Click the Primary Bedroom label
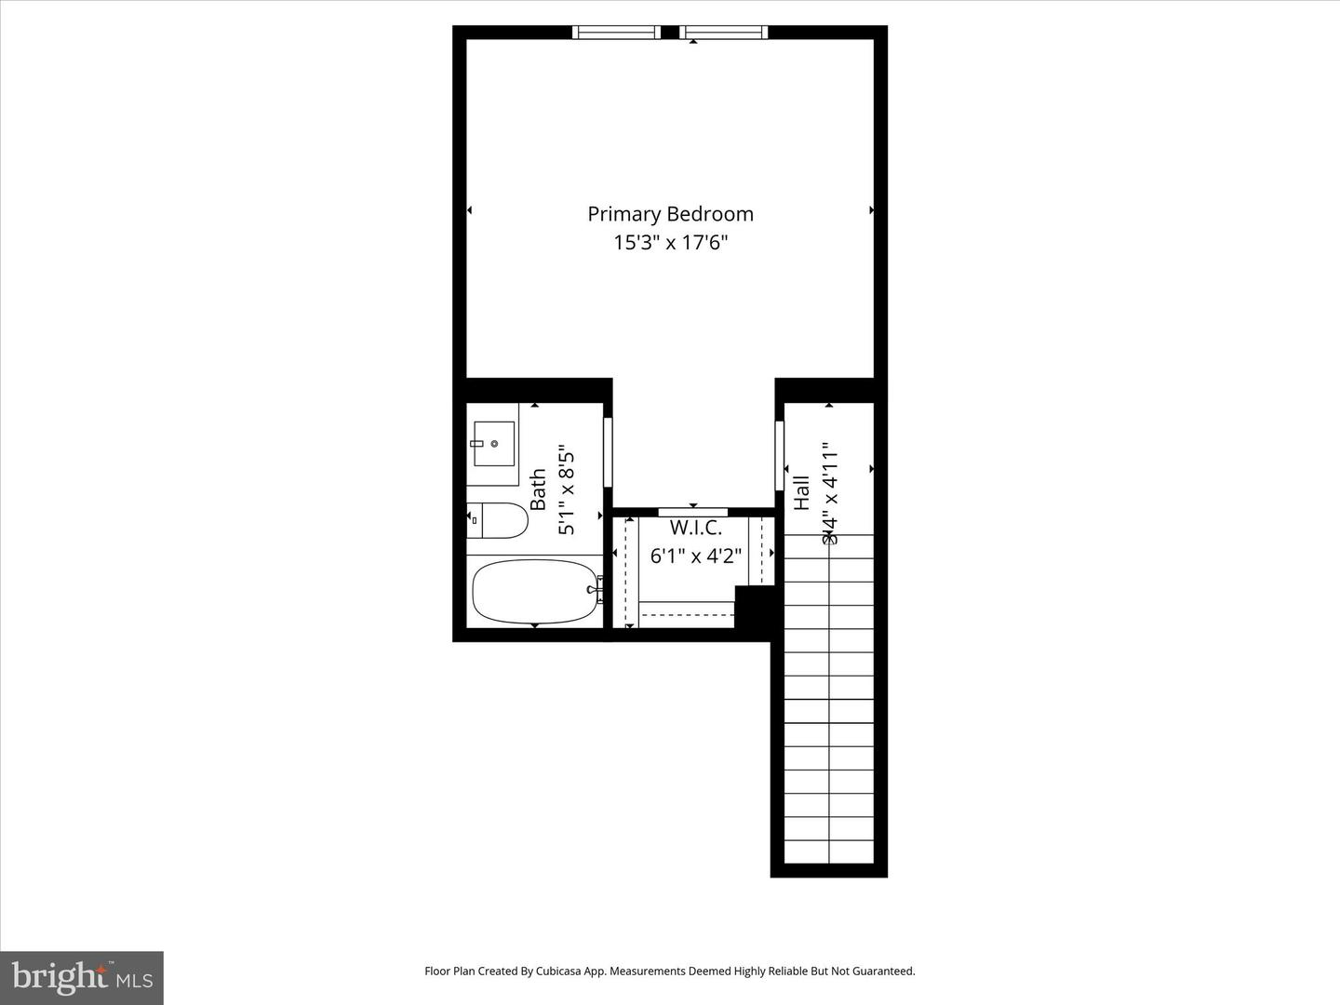670,214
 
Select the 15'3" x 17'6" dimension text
670,243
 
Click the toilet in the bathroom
498,520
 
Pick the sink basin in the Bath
493,444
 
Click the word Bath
538,489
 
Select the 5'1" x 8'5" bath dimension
567,493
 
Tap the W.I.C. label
695,528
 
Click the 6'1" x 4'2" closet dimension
695,556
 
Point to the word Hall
801,492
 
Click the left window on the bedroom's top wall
616,33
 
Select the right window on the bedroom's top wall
724,33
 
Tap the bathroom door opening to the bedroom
609,452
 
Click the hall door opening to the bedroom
780,456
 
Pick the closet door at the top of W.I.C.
693,512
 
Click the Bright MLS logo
82,977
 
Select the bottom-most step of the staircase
829,851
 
